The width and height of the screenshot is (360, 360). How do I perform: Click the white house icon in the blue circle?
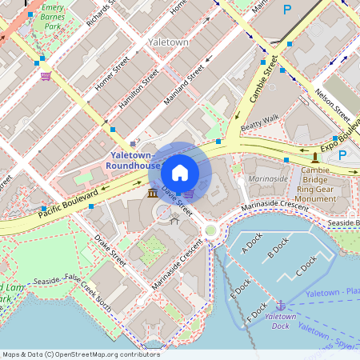(180, 173)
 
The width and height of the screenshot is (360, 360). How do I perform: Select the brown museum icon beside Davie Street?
(152, 194)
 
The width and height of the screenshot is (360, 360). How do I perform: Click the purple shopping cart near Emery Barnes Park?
(46, 77)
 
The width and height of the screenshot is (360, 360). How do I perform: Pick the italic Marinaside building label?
(267, 180)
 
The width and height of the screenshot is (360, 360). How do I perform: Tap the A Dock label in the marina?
(252, 250)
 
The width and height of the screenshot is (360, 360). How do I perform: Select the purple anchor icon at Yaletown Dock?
(281, 305)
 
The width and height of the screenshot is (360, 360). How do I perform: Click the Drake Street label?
(110, 250)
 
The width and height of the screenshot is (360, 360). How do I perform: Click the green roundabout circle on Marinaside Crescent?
(211, 231)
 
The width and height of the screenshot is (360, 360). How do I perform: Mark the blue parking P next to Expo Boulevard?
(342, 155)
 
